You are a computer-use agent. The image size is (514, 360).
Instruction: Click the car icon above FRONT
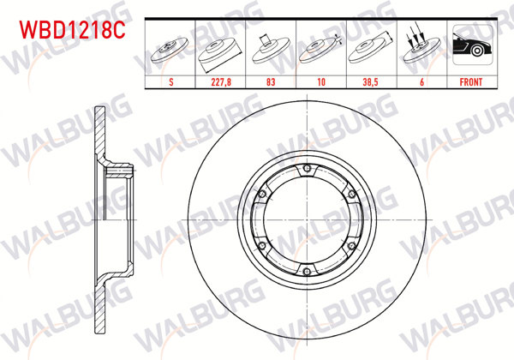coord(469,50)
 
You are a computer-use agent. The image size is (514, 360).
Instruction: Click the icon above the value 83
coord(272,50)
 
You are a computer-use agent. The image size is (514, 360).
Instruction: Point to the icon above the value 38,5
coord(370,50)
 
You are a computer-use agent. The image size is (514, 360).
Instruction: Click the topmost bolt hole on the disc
coord(307,168)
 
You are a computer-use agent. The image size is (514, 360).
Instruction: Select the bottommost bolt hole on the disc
coord(307,271)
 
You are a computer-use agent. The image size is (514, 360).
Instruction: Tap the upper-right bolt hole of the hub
coord(351,194)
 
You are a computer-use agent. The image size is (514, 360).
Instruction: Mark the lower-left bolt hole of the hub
coord(262,245)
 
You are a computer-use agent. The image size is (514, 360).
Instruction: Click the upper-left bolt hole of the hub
coord(262,194)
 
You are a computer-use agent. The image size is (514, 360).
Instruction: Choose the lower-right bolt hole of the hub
coord(351,245)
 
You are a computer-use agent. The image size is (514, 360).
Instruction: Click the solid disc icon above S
coord(174,50)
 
